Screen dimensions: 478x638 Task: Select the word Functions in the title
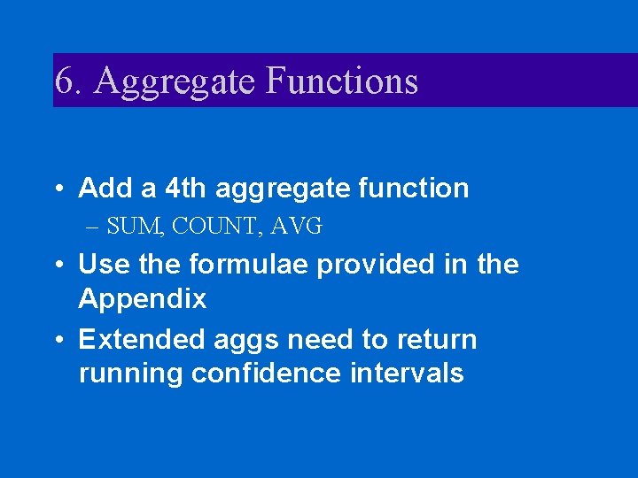tap(341, 81)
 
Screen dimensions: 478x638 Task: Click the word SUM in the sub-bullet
tap(134, 227)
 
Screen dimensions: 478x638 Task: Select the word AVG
tap(297, 227)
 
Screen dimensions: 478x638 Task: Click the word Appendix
tap(143, 299)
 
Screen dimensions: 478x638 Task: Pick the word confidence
tap(267, 373)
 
